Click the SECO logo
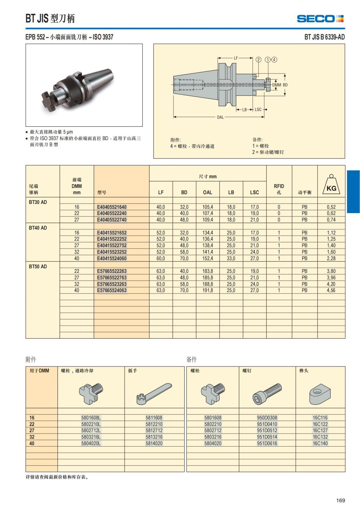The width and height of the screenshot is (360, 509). [x=320, y=19]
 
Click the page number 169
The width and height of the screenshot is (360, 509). [x=340, y=500]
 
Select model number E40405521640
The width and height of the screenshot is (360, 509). [x=112, y=207]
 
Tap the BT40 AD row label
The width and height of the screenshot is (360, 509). [x=38, y=228]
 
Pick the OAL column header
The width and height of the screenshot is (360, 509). [x=207, y=192]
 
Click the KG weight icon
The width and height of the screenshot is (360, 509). [x=331, y=185]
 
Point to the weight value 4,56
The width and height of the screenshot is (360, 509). [x=331, y=290]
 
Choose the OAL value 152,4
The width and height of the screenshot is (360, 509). [x=208, y=258]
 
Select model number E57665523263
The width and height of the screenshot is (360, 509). [x=112, y=284]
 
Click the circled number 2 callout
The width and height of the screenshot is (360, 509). [x=258, y=59]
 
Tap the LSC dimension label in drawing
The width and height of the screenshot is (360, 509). [x=258, y=109]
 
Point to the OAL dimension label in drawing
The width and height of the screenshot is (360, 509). [x=220, y=117]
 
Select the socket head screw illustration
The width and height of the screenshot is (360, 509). [x=267, y=394]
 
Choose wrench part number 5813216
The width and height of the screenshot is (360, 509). [x=154, y=437]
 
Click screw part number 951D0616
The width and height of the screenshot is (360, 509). [x=267, y=443]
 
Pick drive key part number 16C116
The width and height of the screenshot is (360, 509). [x=320, y=418]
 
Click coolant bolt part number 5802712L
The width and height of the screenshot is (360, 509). [x=91, y=430]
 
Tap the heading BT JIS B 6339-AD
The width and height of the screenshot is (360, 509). [x=324, y=37]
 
